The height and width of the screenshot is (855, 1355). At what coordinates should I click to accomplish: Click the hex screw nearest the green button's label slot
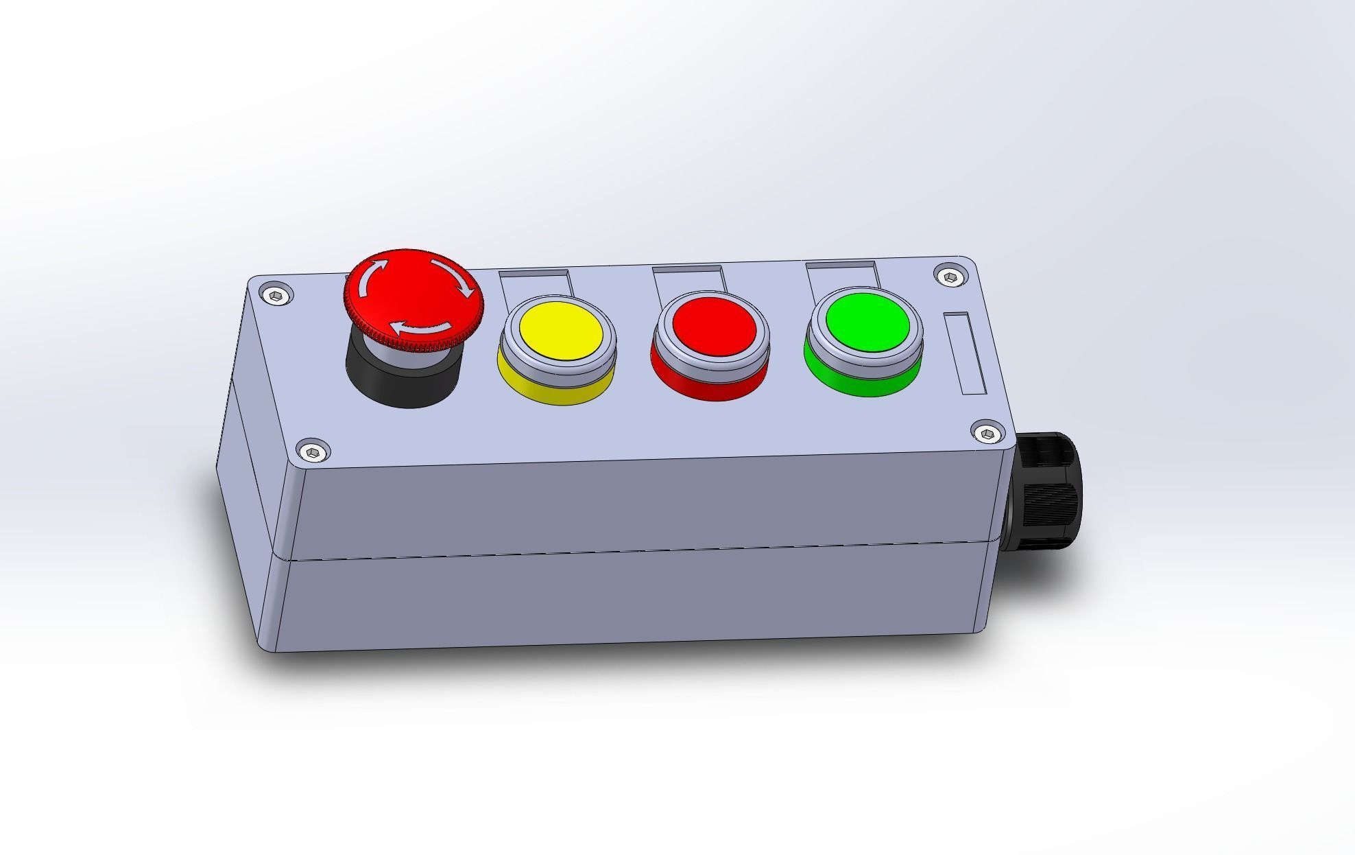coord(950,277)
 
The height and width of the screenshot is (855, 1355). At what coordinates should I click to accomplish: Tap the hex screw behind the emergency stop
coord(275,296)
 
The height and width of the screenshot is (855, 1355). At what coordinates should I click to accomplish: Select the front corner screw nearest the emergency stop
coord(313,452)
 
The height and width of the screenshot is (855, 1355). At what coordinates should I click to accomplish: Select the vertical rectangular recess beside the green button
coord(966,353)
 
